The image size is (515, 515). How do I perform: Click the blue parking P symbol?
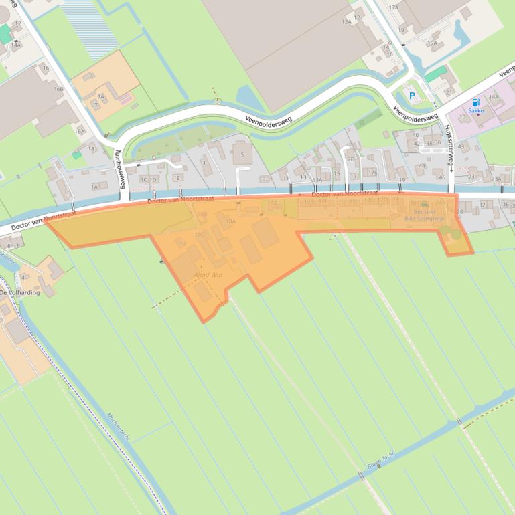[x=412, y=96]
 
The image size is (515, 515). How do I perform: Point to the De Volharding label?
[x=19, y=292]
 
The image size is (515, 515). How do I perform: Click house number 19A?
[x=432, y=43]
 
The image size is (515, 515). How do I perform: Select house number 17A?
[x=393, y=7]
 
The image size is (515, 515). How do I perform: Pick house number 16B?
[x=59, y=88]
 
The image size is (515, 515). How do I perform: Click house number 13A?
[x=317, y=179]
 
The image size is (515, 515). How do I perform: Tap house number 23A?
[x=496, y=179]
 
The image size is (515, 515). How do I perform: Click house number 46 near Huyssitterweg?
[x=442, y=177]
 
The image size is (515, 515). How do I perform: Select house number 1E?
[x=177, y=178]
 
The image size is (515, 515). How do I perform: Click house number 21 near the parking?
[x=448, y=91]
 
